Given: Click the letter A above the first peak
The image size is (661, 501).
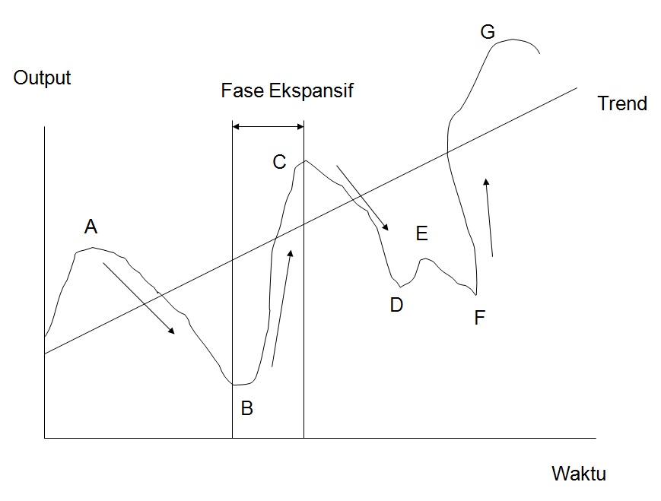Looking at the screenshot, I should pos(91,227).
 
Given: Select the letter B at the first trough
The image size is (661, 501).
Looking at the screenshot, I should pos(246,408).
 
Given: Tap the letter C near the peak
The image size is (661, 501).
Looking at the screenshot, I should pos(279,162).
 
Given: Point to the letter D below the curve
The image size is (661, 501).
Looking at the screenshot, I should pos(396,306).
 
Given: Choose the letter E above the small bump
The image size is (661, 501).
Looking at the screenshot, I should pos(422,234).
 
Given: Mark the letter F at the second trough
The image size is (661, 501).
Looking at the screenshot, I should pos(479,318).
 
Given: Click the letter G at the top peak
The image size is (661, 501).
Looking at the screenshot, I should pos(488,32).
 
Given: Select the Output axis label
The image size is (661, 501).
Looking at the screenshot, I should pos(42,78).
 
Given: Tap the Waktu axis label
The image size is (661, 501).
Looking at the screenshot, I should pos(578,474).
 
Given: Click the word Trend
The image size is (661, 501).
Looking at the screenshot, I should pos(621,103).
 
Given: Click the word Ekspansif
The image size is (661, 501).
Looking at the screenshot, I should pos(310,91).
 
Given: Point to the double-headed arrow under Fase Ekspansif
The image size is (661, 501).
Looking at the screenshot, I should pos(268,126).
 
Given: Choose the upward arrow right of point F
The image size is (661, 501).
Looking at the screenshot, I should pos(490,217).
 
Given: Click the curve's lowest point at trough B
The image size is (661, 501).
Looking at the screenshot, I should pos(237,385).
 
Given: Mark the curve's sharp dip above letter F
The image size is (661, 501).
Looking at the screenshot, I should pos(476,293).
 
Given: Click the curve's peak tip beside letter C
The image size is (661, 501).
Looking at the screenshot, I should pos(305,160).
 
